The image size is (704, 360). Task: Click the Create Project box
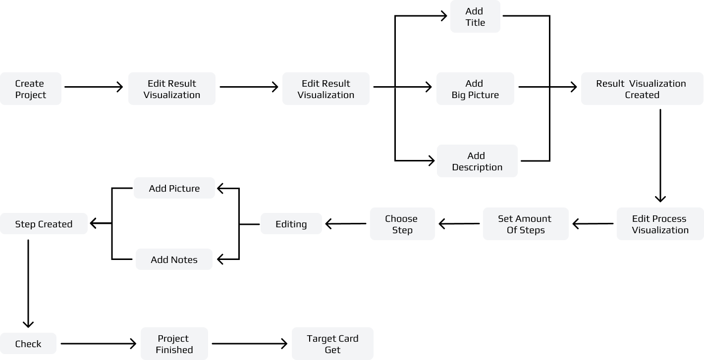click(31, 89)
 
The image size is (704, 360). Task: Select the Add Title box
click(475, 16)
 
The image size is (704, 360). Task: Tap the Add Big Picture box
click(475, 89)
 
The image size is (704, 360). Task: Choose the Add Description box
click(477, 161)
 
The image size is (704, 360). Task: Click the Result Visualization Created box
click(642, 89)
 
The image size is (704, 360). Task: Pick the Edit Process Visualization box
click(660, 224)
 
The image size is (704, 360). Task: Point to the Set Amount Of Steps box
click(526, 224)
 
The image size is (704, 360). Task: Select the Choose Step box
click(402, 224)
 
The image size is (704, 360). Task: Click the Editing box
click(291, 224)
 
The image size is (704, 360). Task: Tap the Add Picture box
click(174, 188)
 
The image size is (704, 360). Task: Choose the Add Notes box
click(174, 259)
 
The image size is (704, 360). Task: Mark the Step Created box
click(44, 224)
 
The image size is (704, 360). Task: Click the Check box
click(28, 343)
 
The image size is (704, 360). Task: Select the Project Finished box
click(174, 344)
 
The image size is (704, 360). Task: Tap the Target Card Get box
click(332, 344)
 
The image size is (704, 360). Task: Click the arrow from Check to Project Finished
click(99, 343)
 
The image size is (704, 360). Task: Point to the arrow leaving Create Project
click(94, 87)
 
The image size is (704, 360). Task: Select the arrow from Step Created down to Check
click(28, 284)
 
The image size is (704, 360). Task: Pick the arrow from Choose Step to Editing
click(346, 224)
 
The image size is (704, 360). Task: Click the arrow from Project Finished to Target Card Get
click(250, 343)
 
